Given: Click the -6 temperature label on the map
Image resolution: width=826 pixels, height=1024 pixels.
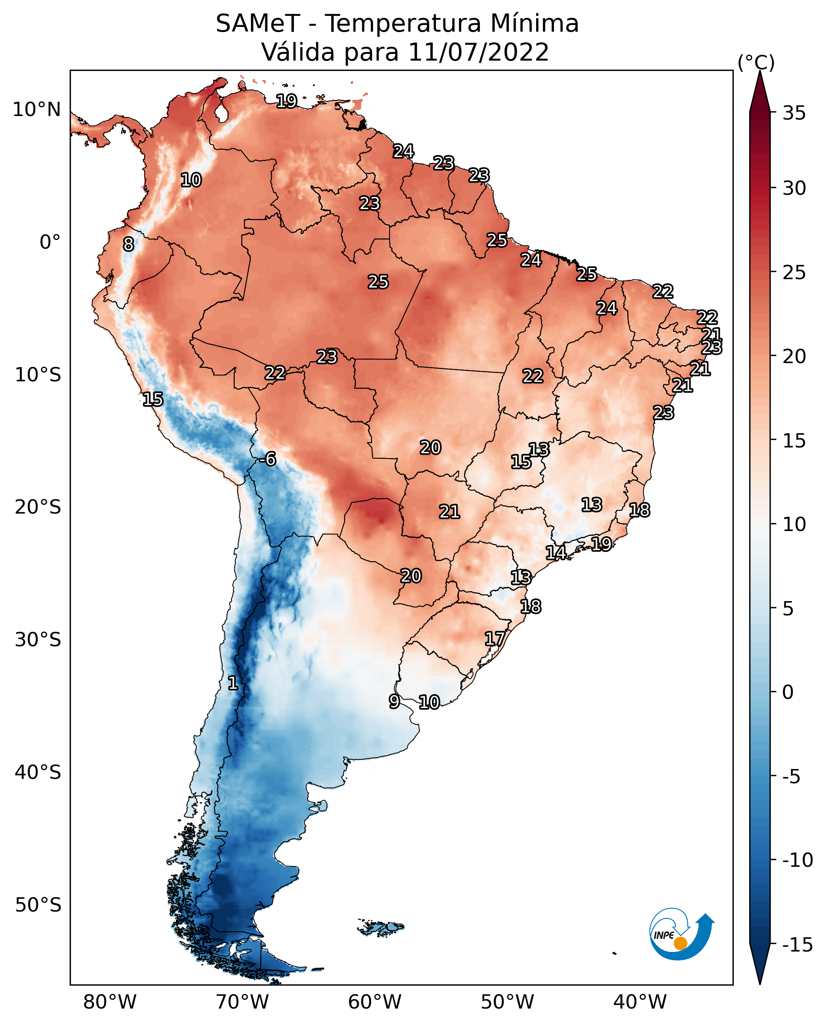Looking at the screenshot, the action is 267,459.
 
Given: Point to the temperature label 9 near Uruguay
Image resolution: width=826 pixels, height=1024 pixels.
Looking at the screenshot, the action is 394,701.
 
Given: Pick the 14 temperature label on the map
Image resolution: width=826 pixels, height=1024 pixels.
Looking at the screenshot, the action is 556,552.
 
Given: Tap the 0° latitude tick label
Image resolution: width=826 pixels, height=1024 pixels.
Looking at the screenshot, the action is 50,242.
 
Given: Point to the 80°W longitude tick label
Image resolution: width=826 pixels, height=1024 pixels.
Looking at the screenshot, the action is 110,1002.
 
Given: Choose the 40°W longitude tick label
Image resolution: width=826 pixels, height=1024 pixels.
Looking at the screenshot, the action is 640,1002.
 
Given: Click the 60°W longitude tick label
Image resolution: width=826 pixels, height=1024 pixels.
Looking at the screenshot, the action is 375,1002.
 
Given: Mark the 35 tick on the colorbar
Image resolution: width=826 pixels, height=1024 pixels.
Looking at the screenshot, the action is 794,113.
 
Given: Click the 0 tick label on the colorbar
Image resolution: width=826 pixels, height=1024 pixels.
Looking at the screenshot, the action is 788,692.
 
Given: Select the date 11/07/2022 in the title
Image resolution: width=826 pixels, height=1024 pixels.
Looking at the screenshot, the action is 479,52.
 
